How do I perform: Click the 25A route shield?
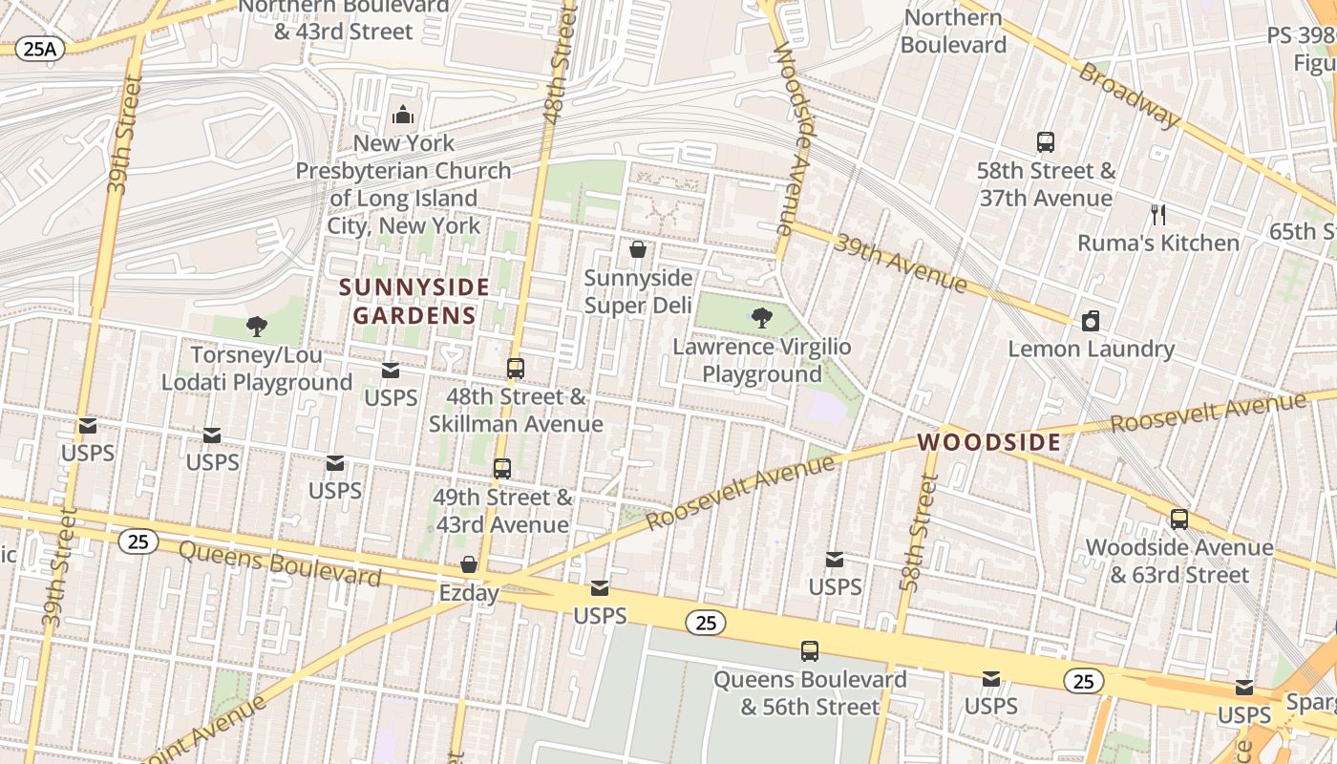[39, 49]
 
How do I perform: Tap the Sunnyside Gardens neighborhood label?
[414, 301]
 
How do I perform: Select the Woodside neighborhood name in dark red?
[988, 442]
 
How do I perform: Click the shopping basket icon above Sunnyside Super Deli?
[638, 250]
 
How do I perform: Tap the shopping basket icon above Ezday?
[469, 564]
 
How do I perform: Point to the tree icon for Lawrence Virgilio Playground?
[762, 318]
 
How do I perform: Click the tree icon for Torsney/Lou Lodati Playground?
[256, 327]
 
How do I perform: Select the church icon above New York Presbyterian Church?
[403, 116]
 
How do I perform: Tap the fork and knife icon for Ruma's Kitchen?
[1158, 214]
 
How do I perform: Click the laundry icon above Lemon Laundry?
[1091, 321]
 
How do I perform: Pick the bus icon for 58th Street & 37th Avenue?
[1046, 142]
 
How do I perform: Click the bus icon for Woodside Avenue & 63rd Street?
[1179, 520]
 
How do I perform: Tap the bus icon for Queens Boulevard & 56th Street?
[810, 651]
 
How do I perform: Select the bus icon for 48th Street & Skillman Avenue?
[516, 368]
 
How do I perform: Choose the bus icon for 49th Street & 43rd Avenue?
[502, 469]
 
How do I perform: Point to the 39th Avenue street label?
[900, 262]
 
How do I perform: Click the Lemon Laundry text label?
[1091, 349]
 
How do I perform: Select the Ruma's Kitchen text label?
[1158, 243]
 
